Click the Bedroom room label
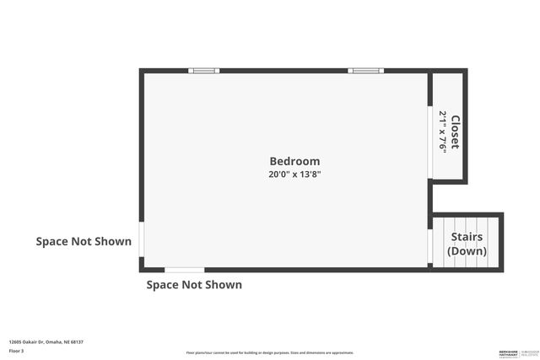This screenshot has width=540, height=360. (x=294, y=161)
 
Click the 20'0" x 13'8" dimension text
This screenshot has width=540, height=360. (x=294, y=175)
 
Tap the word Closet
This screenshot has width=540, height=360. (x=455, y=132)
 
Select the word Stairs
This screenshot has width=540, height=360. (x=467, y=238)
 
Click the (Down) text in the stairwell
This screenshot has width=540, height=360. (x=467, y=251)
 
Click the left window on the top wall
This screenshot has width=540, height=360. (x=204, y=71)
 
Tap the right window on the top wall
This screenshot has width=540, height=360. (x=365, y=71)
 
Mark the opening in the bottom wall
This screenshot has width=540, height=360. (x=184, y=270)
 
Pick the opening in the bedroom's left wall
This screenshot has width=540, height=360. (x=141, y=239)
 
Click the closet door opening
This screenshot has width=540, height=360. (x=429, y=142)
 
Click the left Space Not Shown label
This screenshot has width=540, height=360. (x=84, y=242)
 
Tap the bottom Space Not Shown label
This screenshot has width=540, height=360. (x=194, y=285)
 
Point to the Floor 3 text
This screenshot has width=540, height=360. (x=16, y=350)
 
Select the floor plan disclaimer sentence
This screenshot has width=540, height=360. (x=269, y=352)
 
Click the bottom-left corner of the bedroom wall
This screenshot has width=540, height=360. (x=142, y=269)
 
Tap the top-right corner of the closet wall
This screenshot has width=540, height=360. (x=464, y=72)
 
